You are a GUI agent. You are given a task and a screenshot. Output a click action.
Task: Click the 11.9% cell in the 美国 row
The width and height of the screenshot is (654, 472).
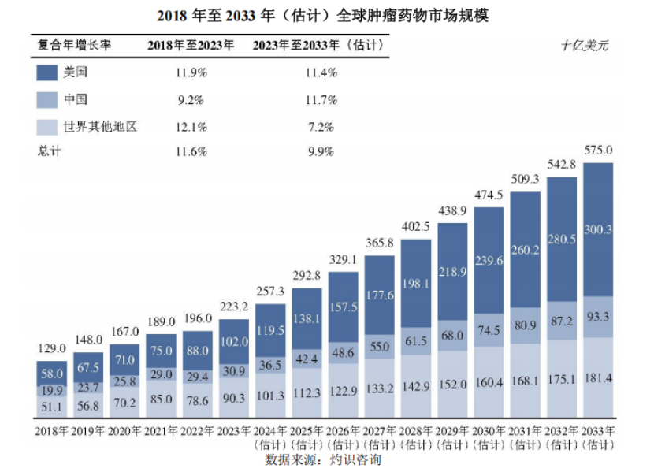click(x=191, y=73)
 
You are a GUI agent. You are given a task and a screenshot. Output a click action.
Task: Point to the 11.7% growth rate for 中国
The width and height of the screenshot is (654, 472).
click(x=321, y=100)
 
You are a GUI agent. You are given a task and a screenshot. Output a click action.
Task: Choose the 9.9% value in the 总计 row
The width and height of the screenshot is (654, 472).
click(x=321, y=151)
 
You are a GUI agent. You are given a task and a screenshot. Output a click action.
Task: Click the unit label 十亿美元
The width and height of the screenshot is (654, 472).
click(x=584, y=45)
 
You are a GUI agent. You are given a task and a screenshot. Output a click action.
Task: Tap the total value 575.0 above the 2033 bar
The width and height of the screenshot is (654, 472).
click(x=598, y=151)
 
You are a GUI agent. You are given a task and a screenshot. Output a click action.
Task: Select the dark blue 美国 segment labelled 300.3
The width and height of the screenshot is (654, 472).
click(x=598, y=229)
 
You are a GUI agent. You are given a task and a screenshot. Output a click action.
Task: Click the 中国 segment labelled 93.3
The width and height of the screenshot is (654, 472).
click(x=598, y=317)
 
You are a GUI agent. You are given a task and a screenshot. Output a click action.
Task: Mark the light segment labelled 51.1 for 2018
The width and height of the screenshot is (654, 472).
click(x=52, y=407)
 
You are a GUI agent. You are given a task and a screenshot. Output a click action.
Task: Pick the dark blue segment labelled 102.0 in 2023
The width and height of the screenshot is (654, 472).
click(x=235, y=343)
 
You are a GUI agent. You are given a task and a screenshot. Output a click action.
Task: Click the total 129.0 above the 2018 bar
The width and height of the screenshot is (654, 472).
click(x=52, y=348)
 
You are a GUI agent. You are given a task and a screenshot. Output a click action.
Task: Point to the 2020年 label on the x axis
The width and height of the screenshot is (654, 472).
click(x=124, y=431)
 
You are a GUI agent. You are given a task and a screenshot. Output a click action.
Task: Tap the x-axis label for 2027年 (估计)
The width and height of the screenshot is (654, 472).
click(x=381, y=437)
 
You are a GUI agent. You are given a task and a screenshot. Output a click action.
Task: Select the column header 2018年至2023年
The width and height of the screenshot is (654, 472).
click(x=191, y=45)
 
